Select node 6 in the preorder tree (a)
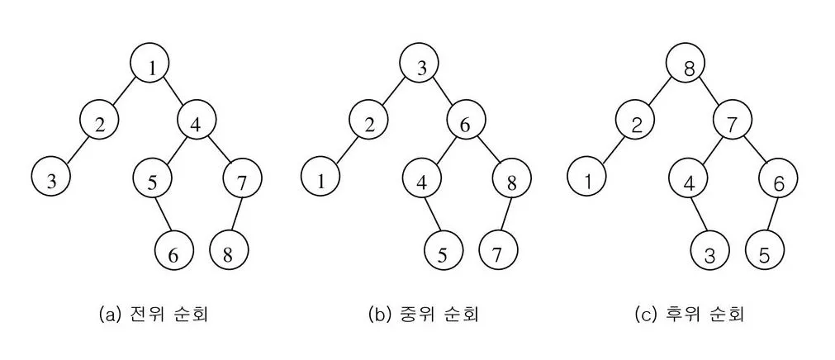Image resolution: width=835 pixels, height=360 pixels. pos(173,254)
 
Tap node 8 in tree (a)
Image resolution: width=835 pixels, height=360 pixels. pos(228,254)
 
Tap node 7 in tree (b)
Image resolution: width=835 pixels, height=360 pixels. pos(497,254)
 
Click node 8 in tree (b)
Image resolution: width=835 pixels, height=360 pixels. pos(512,182)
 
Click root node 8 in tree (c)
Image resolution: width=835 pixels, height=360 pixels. pos(688,69)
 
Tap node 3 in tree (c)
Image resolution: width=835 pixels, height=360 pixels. pos(711,254)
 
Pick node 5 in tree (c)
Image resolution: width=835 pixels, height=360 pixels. pos(765,254)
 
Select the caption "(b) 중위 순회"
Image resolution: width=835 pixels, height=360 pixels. pos(423,315)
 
